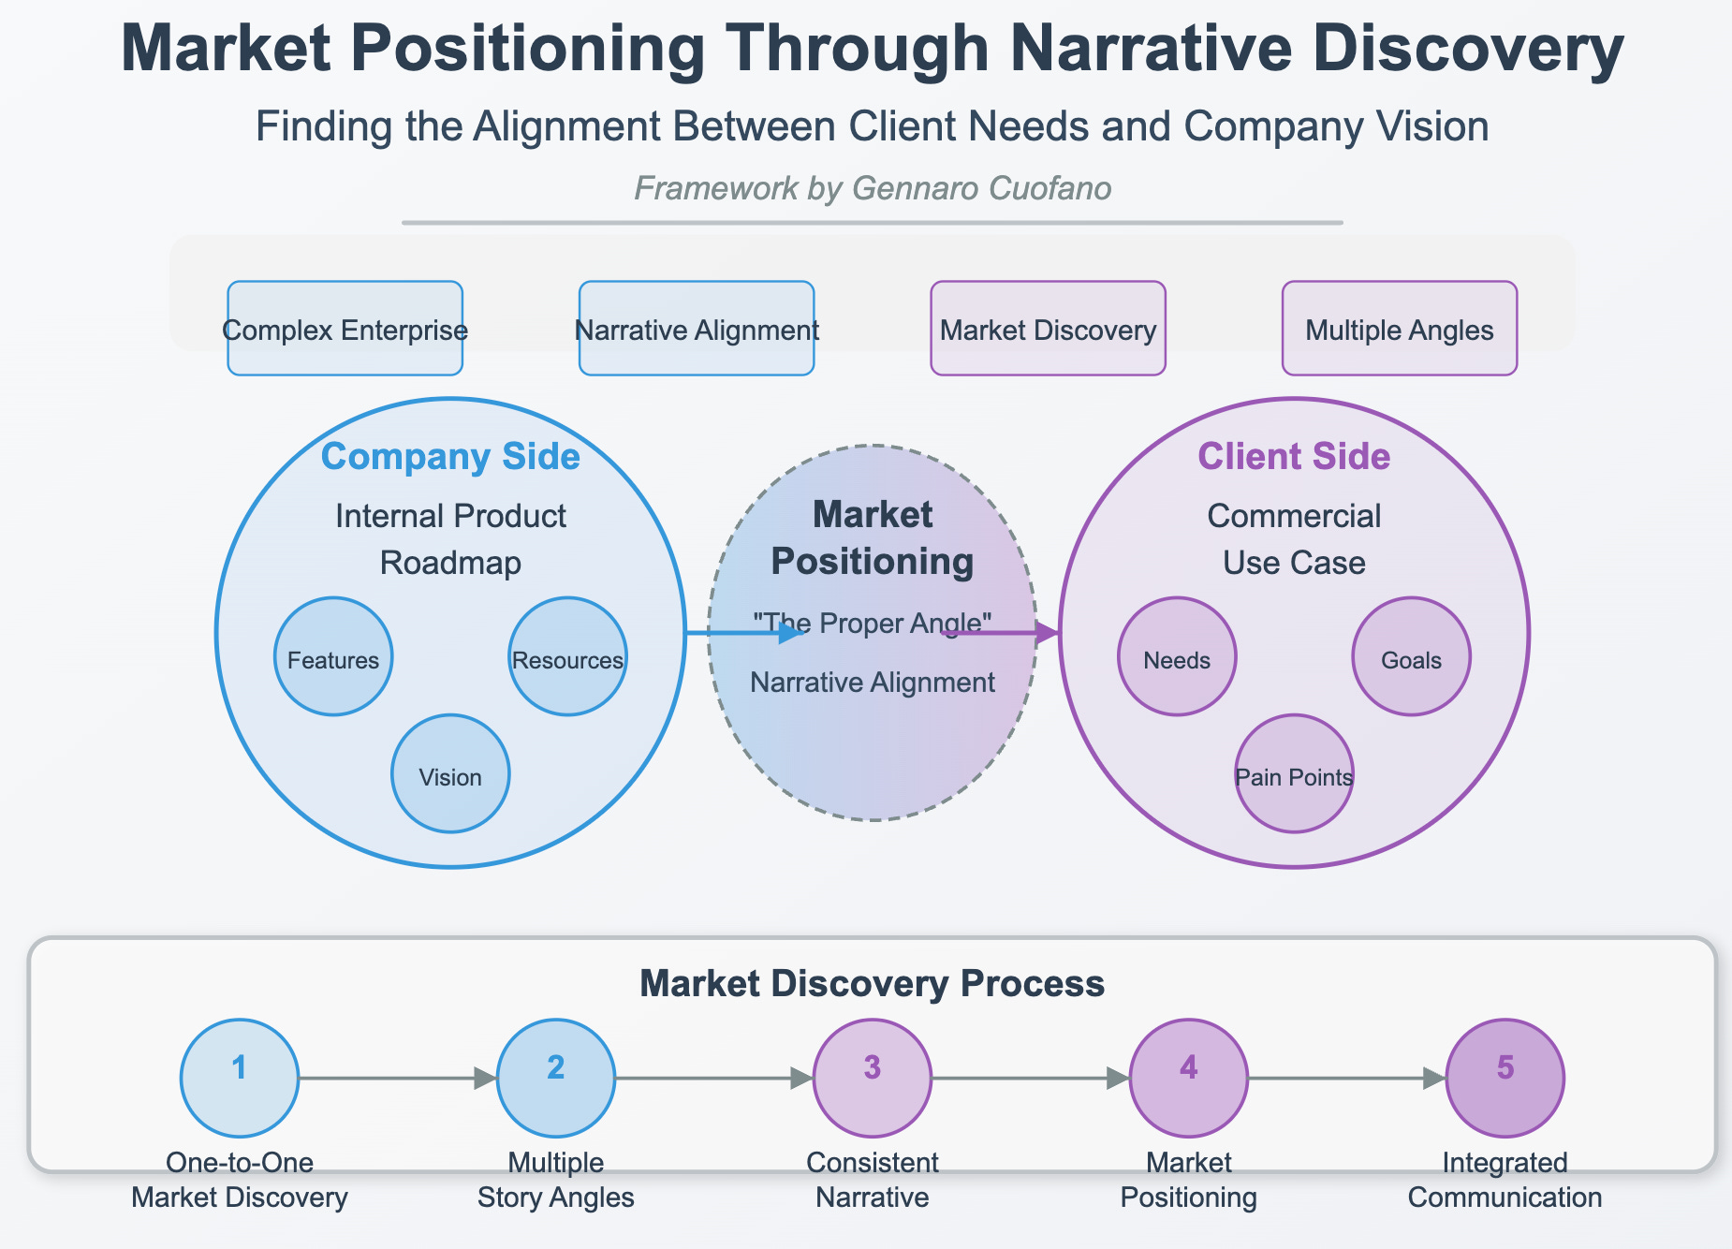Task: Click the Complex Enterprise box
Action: click(x=345, y=329)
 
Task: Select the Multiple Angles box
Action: click(x=1399, y=329)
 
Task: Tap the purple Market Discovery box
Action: click(x=1048, y=329)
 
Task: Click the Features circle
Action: click(x=333, y=657)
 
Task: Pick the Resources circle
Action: click(x=567, y=657)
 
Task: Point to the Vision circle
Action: click(x=450, y=774)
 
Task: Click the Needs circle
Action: click(x=1177, y=657)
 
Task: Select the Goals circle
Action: click(x=1411, y=657)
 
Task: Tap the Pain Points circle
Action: click(x=1294, y=774)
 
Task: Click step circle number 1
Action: click(x=240, y=1078)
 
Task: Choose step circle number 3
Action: click(x=873, y=1078)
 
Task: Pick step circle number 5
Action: click(x=1504, y=1078)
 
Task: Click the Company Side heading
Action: click(x=450, y=457)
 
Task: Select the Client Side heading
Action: click(x=1294, y=457)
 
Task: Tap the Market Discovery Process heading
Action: click(x=872, y=984)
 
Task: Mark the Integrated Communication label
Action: click(x=1504, y=1180)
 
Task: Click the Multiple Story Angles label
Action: click(x=556, y=1180)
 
